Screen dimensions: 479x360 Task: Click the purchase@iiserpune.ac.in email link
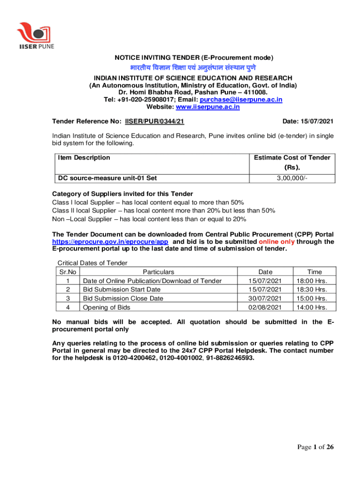click(x=241, y=100)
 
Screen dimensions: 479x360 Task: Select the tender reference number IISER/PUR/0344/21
click(x=154, y=122)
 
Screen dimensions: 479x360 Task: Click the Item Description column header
click(x=84, y=158)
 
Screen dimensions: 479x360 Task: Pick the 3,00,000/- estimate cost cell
click(x=292, y=178)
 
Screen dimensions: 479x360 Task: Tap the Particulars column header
click(x=158, y=272)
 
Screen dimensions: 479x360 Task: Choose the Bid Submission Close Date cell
click(x=123, y=298)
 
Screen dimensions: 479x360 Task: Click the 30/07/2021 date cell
click(x=265, y=298)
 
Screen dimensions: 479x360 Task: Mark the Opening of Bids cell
click(x=107, y=307)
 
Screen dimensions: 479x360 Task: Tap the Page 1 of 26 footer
click(x=316, y=448)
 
